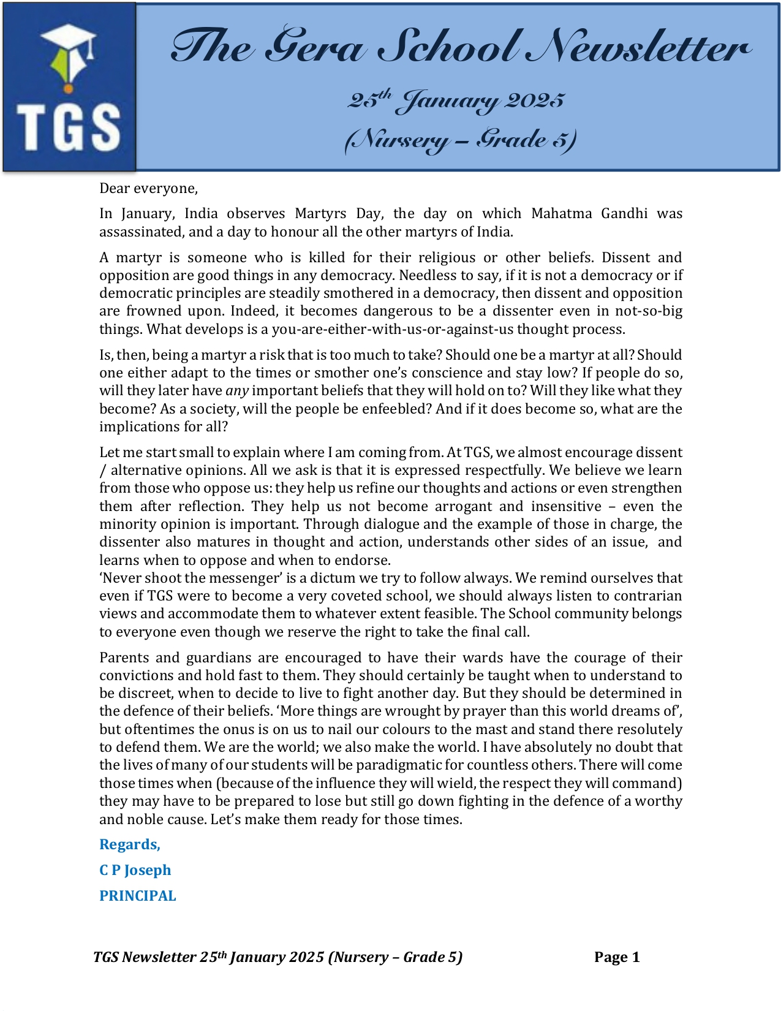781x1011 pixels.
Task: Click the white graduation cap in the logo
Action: coord(69,40)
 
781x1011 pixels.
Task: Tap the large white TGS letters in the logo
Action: coord(68,127)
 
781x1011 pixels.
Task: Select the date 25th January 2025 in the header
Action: coord(456,100)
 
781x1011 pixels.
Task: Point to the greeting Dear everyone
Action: coord(148,188)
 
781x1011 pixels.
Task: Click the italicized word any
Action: coord(236,390)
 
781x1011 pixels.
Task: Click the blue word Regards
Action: coord(130,844)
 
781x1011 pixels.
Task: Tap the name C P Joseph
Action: coord(135,870)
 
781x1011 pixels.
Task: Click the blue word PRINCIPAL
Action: coord(138,896)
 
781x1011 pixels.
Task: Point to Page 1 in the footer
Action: coord(617,957)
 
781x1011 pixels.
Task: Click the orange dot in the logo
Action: coord(68,89)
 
